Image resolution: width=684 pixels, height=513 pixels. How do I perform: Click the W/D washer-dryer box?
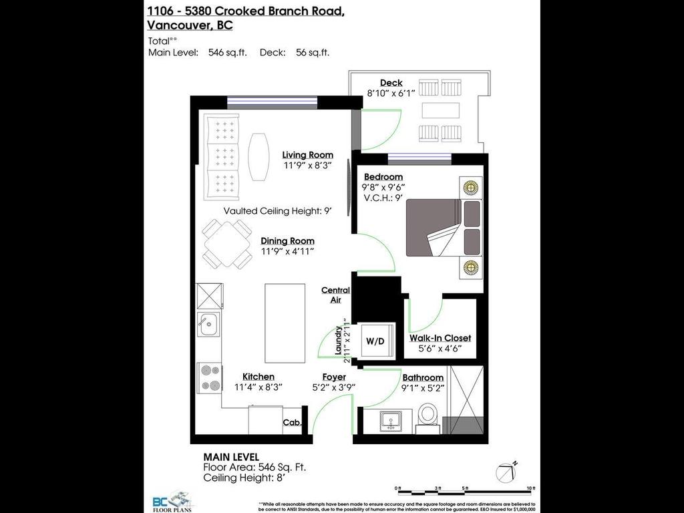(375, 341)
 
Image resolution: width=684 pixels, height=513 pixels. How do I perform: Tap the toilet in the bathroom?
(427, 413)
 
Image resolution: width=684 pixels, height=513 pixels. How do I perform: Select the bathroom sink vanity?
(391, 421)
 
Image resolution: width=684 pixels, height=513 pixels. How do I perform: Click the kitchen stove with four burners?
(209, 377)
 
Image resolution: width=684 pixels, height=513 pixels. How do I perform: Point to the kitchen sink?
(207, 325)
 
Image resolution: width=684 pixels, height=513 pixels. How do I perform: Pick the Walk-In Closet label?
(440, 338)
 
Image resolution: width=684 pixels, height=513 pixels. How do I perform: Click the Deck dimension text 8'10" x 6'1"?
(391, 94)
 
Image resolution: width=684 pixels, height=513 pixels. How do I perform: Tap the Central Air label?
(335, 295)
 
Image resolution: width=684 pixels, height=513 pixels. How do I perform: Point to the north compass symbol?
(506, 472)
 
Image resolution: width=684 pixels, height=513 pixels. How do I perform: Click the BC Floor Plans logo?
(172, 500)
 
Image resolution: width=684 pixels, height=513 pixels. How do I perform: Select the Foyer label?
(334, 377)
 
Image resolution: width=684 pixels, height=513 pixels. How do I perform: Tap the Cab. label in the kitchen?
(292, 422)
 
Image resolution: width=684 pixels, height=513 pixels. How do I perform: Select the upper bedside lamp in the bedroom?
(471, 187)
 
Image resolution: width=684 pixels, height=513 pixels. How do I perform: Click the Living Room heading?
(307, 154)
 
